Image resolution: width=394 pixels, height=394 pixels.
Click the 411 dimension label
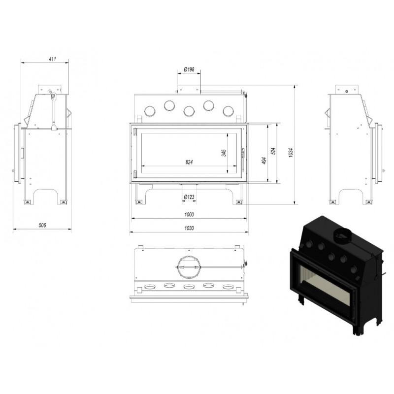point(52,59)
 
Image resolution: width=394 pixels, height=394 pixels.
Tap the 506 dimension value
point(42,226)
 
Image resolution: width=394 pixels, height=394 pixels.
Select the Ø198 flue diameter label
point(189,69)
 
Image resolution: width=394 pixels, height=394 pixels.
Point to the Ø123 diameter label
point(189,197)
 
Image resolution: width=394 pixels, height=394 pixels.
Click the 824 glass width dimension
point(189,163)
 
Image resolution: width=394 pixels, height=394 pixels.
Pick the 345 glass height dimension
point(224,153)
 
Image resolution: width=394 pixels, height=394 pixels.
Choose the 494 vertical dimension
point(264,161)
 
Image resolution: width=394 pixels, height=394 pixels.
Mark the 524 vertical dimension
point(273,151)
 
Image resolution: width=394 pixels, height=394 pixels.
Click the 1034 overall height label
point(291,153)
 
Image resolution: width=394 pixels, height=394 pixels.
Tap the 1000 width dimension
point(189,214)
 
